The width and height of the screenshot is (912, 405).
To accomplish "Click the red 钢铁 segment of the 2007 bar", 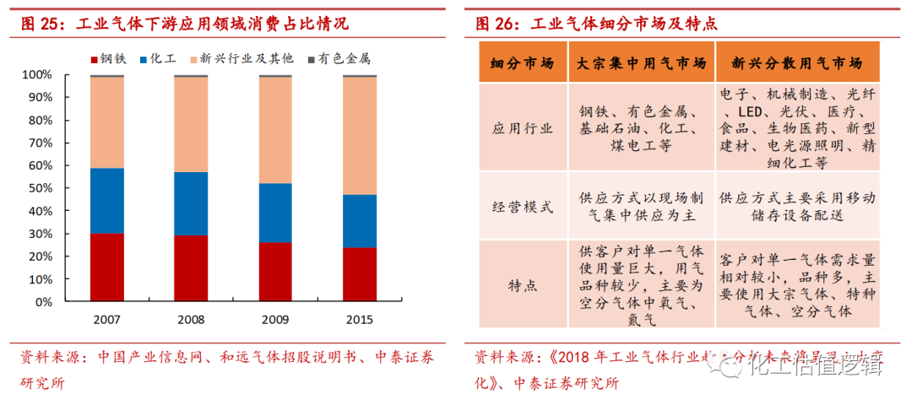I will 106,267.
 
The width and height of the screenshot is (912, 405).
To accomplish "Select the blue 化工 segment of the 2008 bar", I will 191,203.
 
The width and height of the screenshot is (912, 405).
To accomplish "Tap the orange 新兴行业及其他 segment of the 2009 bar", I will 274,130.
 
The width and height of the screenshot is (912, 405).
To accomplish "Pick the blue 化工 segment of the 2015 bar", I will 359,221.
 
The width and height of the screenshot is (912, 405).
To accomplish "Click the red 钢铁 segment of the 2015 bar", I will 359,274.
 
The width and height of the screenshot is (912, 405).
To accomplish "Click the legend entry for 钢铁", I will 106,59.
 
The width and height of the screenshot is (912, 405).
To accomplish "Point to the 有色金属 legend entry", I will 338,59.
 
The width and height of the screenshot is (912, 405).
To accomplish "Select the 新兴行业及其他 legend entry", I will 241,59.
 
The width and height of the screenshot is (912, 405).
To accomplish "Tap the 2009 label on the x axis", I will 274,320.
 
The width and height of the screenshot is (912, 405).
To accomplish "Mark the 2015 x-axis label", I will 359,320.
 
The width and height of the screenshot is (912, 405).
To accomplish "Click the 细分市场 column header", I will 522,64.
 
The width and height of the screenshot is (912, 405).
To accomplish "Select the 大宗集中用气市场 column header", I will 641,64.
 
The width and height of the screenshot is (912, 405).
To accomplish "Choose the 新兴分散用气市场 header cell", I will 797,64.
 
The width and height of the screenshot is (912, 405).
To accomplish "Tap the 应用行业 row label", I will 522,128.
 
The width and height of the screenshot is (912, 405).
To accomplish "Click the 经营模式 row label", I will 522,207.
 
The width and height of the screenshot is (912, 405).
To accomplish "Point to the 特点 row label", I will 522,285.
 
